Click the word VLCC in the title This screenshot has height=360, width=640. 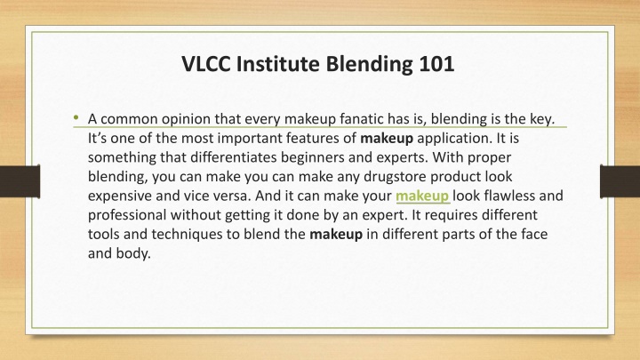(x=206, y=64)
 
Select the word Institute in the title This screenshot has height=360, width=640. (x=278, y=64)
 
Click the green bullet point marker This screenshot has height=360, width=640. (x=76, y=118)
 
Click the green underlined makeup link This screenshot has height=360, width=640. (x=422, y=196)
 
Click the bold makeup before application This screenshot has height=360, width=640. (x=387, y=139)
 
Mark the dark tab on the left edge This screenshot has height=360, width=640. (x=20, y=181)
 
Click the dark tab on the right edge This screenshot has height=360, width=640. (x=620, y=181)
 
